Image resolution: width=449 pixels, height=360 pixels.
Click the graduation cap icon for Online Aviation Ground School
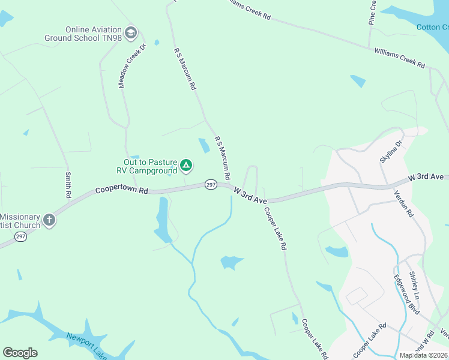pyautogui.click(x=131, y=32)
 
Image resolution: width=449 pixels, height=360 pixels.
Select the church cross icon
pyautogui.click(x=49, y=220)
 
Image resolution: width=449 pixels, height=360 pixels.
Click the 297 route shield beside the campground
pyautogui.click(x=210, y=184)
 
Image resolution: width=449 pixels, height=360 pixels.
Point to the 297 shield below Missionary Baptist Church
pyautogui.click(x=20, y=237)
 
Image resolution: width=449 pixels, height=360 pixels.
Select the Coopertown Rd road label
pyautogui.click(x=121, y=190)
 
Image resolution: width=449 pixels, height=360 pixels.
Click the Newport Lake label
pyautogui.click(x=87, y=346)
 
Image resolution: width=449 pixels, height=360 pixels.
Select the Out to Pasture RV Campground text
pyautogui.click(x=150, y=166)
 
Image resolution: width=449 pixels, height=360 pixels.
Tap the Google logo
pyautogui.click(x=20, y=353)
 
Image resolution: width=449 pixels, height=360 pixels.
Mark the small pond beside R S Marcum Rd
pyautogui.click(x=204, y=145)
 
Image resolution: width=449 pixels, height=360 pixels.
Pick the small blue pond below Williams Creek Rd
pyautogui.click(x=358, y=81)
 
